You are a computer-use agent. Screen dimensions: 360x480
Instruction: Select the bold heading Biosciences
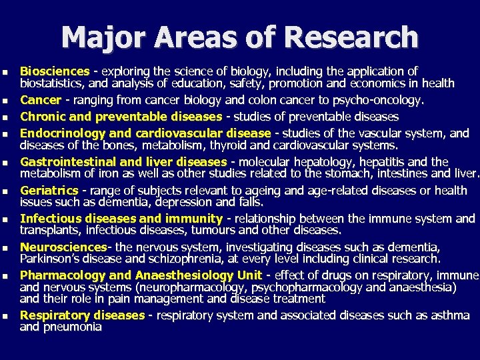click(x=55, y=71)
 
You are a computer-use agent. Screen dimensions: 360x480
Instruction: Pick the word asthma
click(x=450, y=315)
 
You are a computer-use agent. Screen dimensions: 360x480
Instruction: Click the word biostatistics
click(x=52, y=83)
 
